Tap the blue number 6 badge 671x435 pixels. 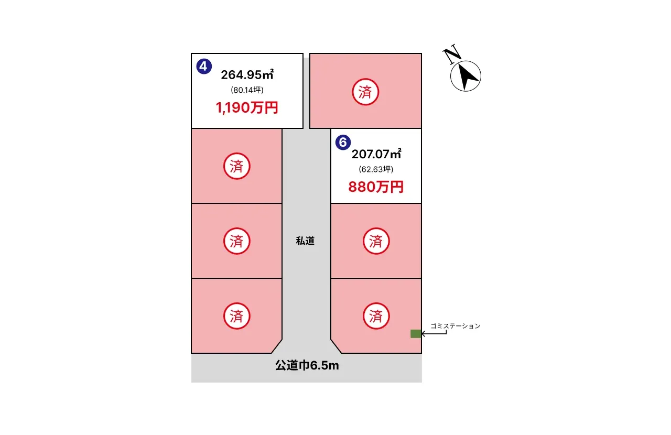342,142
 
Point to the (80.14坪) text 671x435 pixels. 246,90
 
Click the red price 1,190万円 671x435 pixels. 246,108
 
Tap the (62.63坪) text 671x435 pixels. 376,169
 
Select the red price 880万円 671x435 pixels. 376,187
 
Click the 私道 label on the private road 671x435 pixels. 305,241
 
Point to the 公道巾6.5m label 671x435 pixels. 307,366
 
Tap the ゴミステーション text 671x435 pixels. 455,326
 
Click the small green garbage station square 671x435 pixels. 416,334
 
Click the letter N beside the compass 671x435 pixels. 451,53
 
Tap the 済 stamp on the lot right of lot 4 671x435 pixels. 365,92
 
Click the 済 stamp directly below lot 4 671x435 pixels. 236,167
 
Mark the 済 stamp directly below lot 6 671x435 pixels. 376,241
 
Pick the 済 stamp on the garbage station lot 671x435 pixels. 376,316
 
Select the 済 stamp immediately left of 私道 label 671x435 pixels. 236,241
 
